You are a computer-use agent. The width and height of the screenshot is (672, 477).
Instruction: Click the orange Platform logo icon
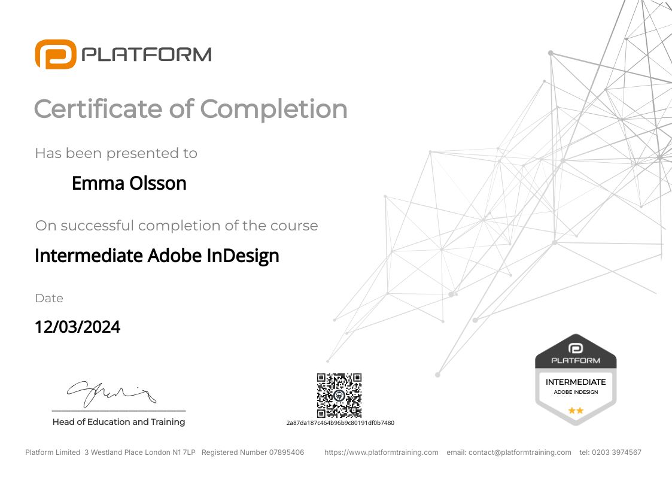click(55, 54)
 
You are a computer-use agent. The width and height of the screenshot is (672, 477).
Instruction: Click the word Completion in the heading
click(273, 109)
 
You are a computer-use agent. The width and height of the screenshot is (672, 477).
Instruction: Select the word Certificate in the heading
click(97, 109)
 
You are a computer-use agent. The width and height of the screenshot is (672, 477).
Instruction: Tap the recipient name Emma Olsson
click(129, 183)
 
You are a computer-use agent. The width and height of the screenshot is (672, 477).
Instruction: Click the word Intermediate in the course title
click(89, 256)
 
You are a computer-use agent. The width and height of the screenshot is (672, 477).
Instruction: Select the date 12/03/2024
click(77, 327)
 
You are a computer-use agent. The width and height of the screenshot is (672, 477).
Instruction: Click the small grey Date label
click(49, 298)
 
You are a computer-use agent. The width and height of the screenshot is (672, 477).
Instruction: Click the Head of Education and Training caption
click(118, 422)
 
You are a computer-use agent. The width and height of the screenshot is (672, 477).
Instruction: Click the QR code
click(339, 395)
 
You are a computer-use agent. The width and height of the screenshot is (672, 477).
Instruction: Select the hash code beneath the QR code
click(340, 423)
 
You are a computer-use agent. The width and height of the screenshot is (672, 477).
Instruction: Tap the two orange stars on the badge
click(576, 411)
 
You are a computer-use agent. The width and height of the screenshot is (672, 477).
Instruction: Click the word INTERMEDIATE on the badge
click(576, 382)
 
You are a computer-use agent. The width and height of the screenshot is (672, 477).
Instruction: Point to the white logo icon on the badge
click(576, 348)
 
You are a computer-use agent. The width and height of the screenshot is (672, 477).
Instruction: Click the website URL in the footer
click(381, 452)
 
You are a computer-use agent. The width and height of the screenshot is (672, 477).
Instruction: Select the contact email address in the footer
click(520, 452)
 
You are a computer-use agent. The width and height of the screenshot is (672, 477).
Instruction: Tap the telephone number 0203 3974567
click(618, 452)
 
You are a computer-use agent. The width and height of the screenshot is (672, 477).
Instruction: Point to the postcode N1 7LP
click(184, 452)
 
